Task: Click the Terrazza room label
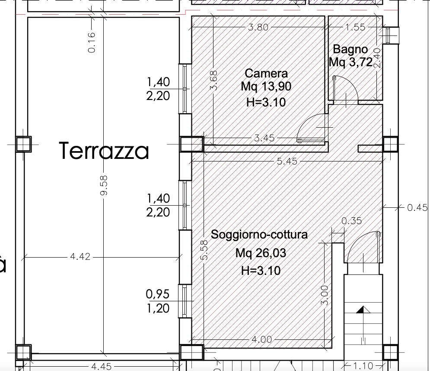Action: point(104,151)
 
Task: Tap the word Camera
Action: point(266,73)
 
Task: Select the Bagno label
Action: point(350,49)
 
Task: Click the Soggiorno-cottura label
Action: point(259,235)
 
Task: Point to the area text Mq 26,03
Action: point(261,253)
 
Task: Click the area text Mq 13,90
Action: point(266,87)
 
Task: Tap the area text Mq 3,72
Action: point(351,62)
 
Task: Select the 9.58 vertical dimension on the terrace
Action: point(104,185)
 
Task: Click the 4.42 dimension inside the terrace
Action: point(80,256)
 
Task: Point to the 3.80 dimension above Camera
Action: point(258,27)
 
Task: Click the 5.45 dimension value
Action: point(287,161)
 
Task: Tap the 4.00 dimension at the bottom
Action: point(261,340)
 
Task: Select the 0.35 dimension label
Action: point(352,221)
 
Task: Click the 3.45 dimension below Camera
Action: point(264,138)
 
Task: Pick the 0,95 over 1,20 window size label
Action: point(158,301)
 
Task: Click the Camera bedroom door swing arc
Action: point(307,122)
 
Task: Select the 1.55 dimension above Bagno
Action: point(355,27)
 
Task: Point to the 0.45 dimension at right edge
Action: point(417,207)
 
